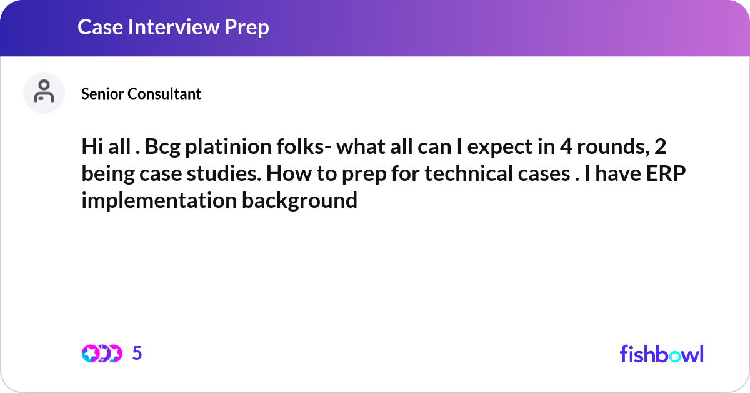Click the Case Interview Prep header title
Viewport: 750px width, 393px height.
click(x=173, y=27)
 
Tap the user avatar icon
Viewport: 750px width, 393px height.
click(x=44, y=93)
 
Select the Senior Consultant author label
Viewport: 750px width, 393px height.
click(x=141, y=93)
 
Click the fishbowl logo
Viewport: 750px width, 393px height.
click(x=661, y=354)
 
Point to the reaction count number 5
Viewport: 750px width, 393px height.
click(x=137, y=353)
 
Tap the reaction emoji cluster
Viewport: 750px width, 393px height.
click(x=102, y=354)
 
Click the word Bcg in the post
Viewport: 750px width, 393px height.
click(x=162, y=148)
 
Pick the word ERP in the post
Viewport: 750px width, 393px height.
click(x=666, y=173)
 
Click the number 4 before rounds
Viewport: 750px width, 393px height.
click(x=566, y=146)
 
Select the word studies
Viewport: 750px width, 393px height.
click(x=224, y=173)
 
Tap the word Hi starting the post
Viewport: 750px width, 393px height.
click(x=92, y=146)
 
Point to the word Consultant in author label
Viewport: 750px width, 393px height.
click(x=164, y=93)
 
